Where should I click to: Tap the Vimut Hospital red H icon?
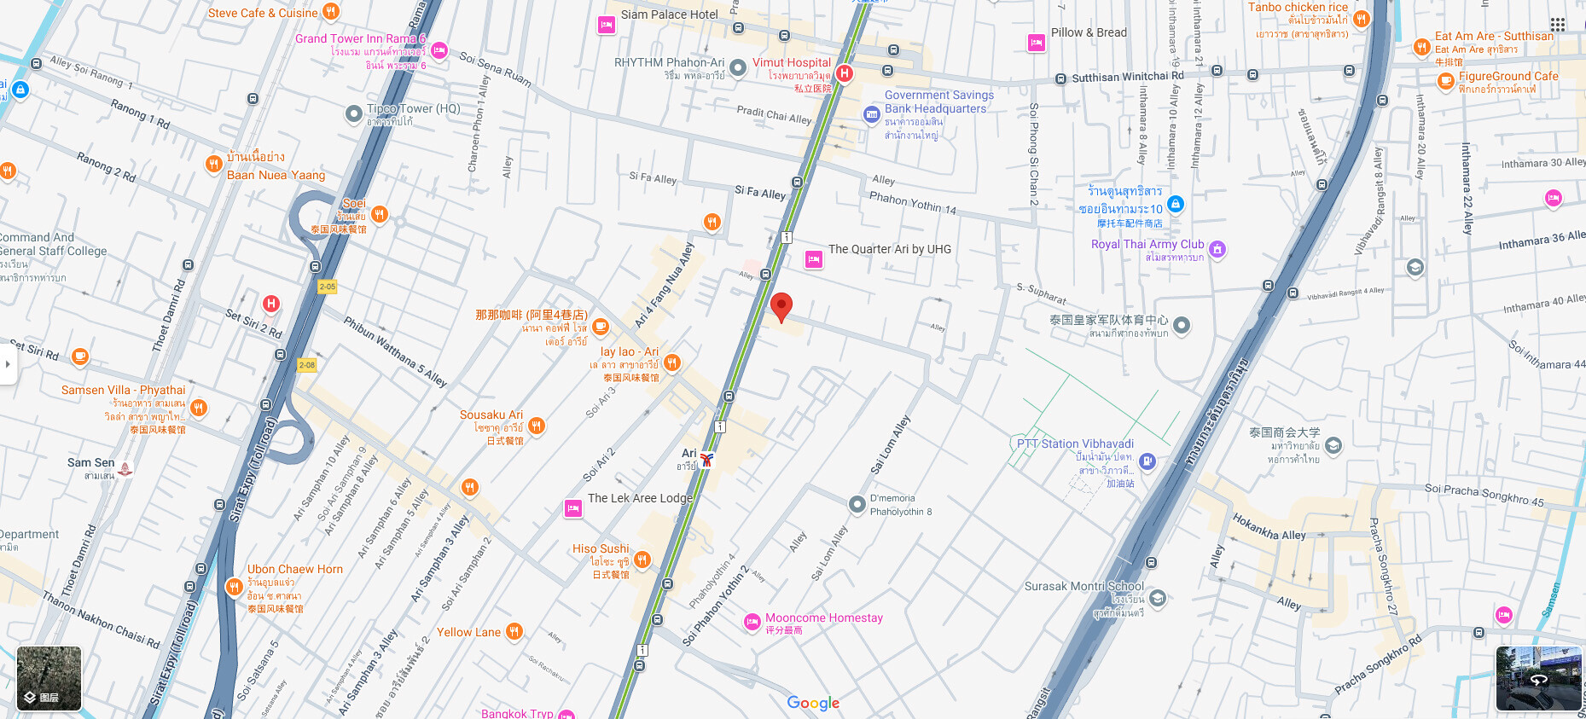[844, 73]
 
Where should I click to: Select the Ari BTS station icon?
[706, 460]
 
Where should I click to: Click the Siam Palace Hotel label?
[669, 14]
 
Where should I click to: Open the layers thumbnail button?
[49, 679]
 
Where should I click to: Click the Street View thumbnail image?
[1538, 678]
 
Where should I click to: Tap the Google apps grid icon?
[1558, 25]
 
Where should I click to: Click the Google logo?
[813, 703]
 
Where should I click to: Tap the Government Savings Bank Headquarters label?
[938, 102]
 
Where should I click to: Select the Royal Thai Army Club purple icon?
[1217, 249]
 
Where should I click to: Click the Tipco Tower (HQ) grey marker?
[354, 113]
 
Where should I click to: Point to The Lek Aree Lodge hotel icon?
[573, 509]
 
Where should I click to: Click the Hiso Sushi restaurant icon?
[642, 560]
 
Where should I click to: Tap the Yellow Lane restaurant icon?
[514, 631]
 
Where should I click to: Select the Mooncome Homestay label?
[823, 618]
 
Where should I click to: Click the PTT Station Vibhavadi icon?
[1147, 461]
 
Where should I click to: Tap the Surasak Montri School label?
[1083, 587]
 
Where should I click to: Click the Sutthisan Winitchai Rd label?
[1127, 77]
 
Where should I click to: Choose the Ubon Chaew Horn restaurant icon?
[234, 587]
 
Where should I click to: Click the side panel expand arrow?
[8, 364]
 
